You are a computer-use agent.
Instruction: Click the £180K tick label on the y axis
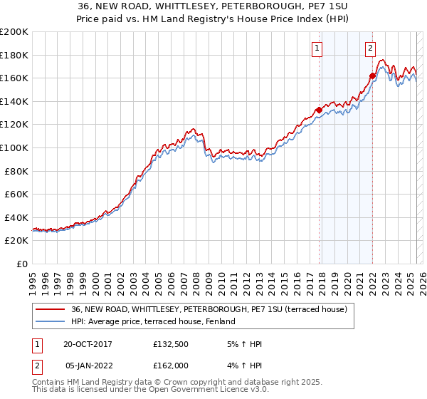14,55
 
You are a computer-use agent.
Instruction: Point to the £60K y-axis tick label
16,194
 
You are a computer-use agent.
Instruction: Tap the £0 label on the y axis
23,264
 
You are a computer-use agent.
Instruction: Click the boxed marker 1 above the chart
317,48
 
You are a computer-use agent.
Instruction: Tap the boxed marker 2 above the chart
371,48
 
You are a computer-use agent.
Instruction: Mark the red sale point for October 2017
319,110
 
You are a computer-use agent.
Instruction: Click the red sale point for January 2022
372,76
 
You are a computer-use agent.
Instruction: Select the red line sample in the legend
50,309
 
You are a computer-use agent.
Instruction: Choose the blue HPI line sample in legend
50,322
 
